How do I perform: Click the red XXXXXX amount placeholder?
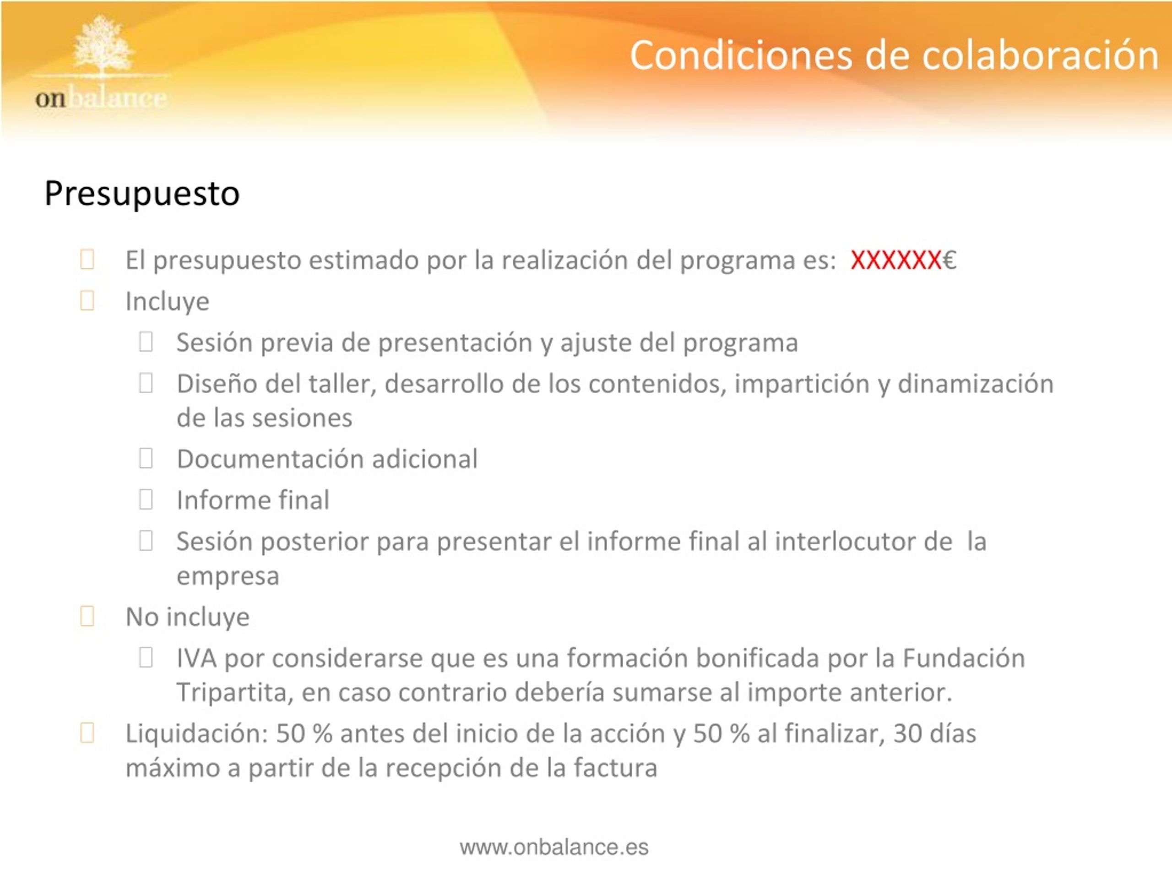(895, 260)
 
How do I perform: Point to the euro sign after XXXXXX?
(949, 260)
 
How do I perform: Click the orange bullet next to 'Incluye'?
(87, 300)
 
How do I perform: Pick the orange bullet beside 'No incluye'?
(87, 616)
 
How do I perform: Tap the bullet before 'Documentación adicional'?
(146, 458)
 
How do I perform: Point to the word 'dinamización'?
(976, 384)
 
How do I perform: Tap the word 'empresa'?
(228, 576)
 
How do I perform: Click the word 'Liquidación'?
(197, 734)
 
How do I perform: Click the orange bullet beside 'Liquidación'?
(87, 733)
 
